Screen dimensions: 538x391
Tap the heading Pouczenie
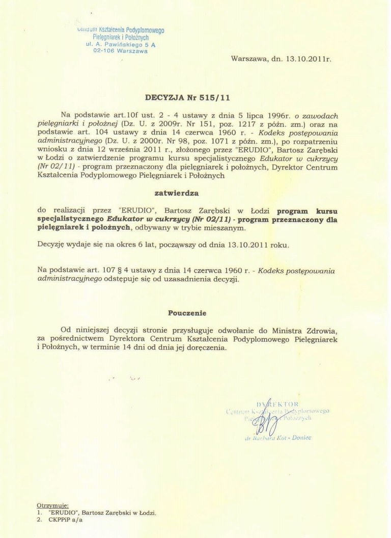187,312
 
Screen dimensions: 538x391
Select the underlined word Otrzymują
52,506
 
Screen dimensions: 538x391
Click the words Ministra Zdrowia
323,330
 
